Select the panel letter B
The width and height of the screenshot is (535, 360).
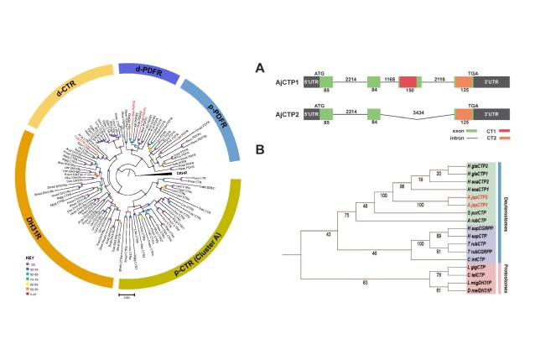coord(262,149)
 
